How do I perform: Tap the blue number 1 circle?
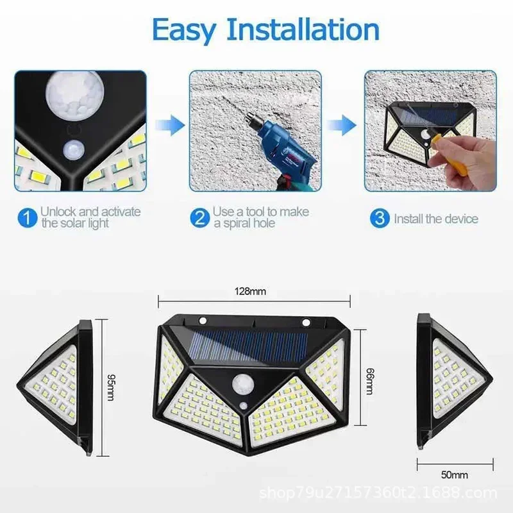pyautogui.click(x=26, y=217)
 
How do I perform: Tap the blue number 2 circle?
pyautogui.click(x=200, y=217)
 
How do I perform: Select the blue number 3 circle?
pyautogui.click(x=380, y=218)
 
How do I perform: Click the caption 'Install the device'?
pyautogui.click(x=435, y=219)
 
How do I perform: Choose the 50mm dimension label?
pyautogui.click(x=455, y=475)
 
